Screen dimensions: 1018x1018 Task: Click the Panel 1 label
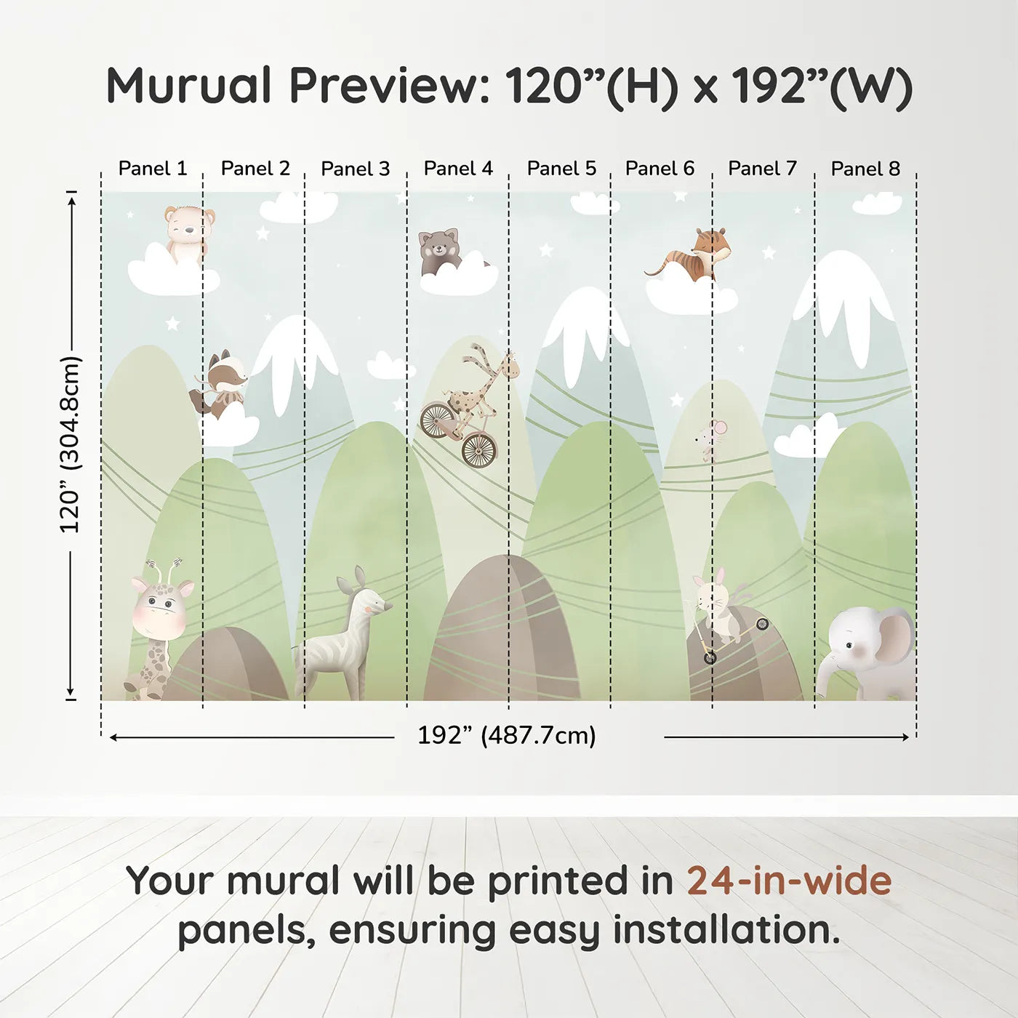(153, 169)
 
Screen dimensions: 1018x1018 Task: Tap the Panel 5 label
(561, 169)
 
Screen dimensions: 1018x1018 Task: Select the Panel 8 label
(865, 169)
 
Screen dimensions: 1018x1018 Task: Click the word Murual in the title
(189, 85)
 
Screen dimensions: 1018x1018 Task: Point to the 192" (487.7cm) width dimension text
(507, 735)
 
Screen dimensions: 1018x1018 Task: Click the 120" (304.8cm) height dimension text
(70, 444)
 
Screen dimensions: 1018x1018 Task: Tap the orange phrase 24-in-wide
(789, 880)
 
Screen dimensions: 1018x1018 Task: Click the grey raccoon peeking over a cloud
(440, 251)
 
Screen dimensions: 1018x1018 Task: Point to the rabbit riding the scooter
(718, 606)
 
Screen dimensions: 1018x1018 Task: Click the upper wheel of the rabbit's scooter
(761, 625)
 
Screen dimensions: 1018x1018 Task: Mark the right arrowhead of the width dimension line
(905, 737)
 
